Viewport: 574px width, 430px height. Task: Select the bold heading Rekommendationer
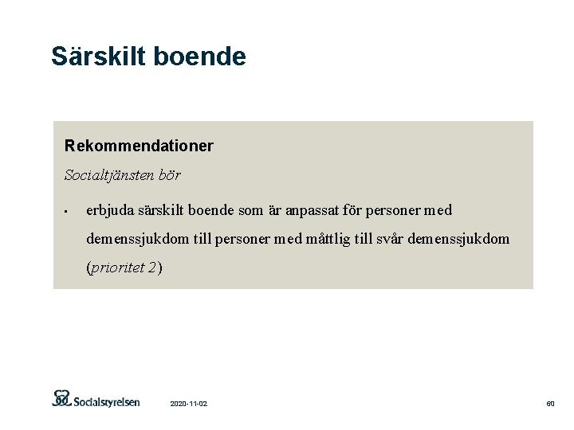[139, 147]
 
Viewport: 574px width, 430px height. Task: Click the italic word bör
[169, 174]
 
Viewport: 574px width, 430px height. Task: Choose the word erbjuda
[111, 210]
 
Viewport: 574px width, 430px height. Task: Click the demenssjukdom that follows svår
[458, 239]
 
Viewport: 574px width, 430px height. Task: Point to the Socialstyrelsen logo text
[108, 401]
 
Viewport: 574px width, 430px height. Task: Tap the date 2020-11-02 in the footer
[189, 405]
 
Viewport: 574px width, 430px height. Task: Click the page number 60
[550, 405]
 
